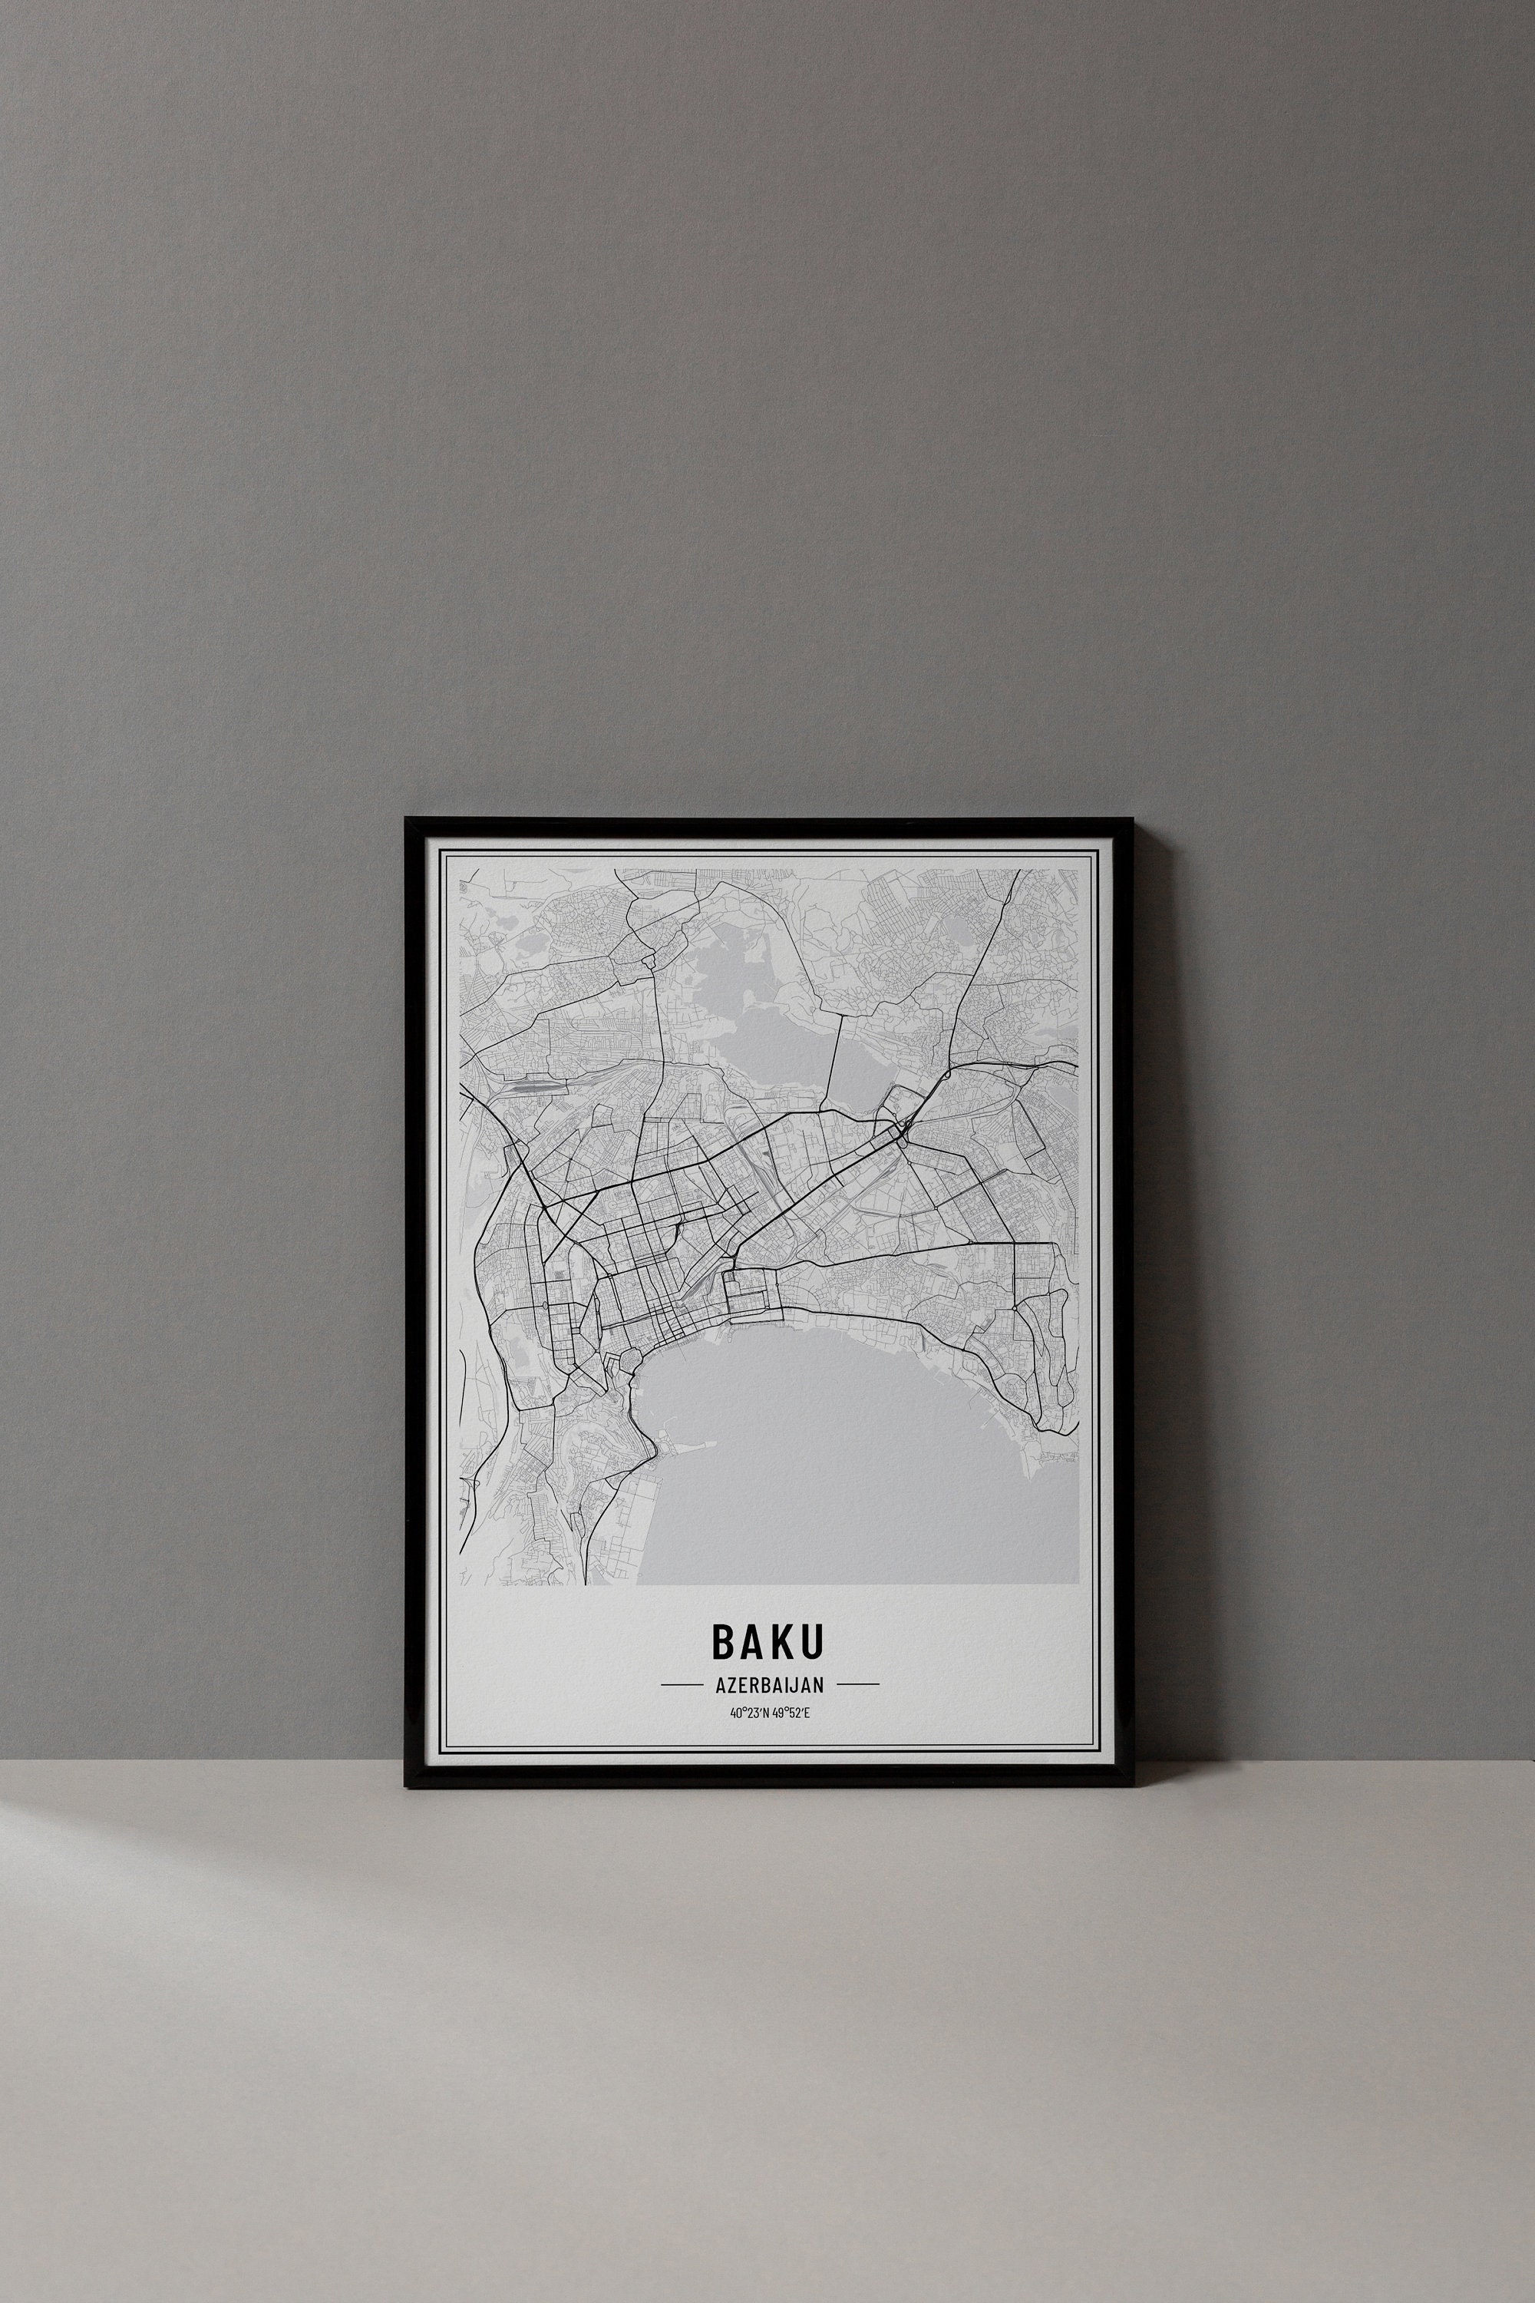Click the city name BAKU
click(767, 1642)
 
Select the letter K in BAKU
click(782, 1642)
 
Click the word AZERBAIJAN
click(770, 1685)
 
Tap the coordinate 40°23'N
click(749, 1713)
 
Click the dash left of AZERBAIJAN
click(682, 1685)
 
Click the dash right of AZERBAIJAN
click(857, 1685)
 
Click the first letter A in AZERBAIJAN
click(721, 1685)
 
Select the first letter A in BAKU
click(753, 1642)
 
